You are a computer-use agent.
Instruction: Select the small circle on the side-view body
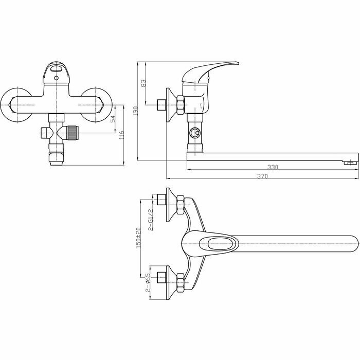pyautogui.click(x=195, y=133)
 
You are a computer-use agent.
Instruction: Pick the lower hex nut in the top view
pyautogui.click(x=181, y=282)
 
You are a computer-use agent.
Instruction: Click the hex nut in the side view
pyautogui.click(x=181, y=105)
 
